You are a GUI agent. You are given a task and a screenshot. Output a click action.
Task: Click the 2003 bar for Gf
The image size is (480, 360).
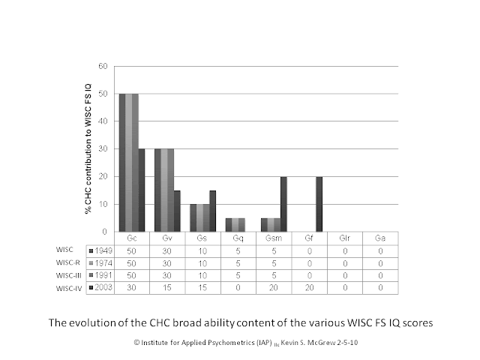(319, 204)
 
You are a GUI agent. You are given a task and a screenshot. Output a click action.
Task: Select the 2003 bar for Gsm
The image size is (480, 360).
(283, 204)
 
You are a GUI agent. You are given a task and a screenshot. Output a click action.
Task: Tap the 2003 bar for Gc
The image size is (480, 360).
(142, 190)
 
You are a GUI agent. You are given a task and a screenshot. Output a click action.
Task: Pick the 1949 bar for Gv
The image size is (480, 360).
(157, 190)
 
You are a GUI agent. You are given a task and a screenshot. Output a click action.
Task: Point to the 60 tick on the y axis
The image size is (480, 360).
(103, 66)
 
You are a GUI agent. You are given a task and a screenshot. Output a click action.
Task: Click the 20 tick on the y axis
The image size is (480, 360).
(103, 177)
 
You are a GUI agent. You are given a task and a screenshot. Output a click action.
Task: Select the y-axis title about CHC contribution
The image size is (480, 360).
(88, 148)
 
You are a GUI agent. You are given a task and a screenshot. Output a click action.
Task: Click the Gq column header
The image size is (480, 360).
(238, 238)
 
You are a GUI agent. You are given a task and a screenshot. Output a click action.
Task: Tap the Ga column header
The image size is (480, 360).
(380, 238)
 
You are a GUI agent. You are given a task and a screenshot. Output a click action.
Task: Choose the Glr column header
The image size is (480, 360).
(345, 238)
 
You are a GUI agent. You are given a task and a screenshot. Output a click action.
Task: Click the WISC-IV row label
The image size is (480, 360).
(69, 289)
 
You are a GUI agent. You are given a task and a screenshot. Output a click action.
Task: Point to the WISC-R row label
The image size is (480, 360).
(68, 262)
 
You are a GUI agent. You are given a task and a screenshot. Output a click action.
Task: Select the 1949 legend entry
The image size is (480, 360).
(100, 251)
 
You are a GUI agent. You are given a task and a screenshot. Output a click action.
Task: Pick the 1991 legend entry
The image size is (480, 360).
(100, 275)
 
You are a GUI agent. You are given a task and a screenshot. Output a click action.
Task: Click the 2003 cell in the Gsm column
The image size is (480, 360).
(274, 288)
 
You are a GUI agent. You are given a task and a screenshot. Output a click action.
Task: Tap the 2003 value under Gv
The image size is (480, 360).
(167, 288)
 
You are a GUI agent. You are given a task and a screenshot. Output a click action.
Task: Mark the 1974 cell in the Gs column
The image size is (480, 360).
(202, 263)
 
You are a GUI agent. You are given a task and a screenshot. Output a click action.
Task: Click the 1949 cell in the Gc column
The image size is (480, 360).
(132, 251)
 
